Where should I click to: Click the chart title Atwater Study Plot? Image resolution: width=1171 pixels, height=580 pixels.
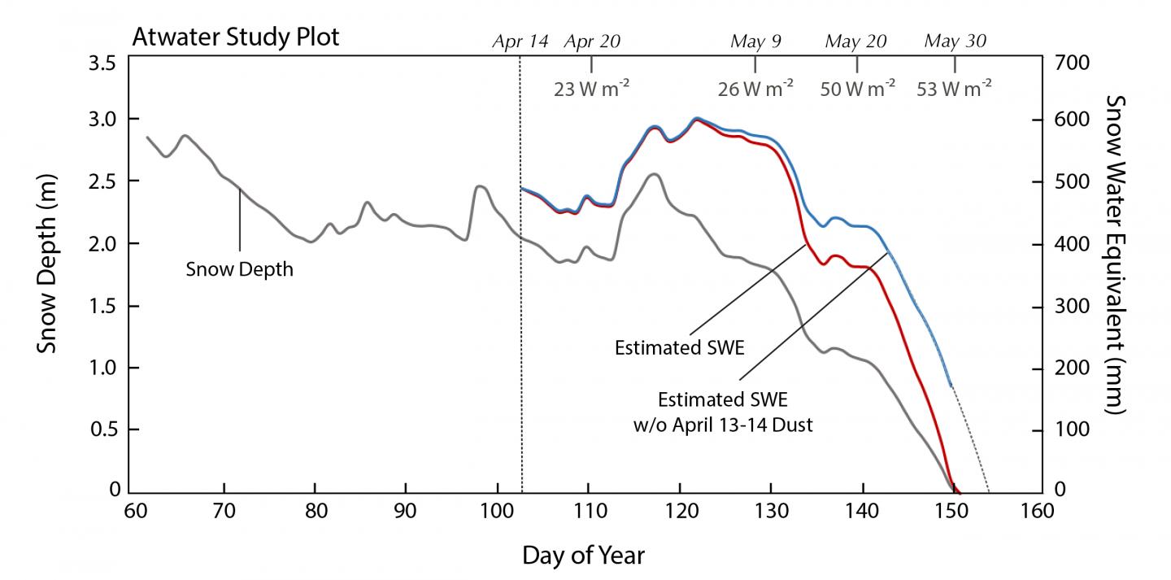[x=235, y=38]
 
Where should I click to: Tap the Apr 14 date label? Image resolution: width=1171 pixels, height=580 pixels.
[x=520, y=41]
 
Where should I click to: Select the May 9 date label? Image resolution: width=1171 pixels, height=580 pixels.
[x=755, y=41]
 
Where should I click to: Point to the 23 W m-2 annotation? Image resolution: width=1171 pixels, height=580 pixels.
[x=591, y=89]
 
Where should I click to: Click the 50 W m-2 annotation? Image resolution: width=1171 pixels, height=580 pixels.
[x=857, y=89]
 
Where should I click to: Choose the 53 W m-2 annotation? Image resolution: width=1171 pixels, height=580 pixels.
[x=954, y=89]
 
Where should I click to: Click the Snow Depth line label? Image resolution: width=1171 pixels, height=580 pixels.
[x=239, y=269]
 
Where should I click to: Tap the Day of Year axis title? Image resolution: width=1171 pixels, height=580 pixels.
[x=583, y=556]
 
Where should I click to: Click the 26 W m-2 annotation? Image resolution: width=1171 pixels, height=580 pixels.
[x=755, y=89]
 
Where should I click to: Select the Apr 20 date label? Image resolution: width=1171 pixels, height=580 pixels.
[x=592, y=41]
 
